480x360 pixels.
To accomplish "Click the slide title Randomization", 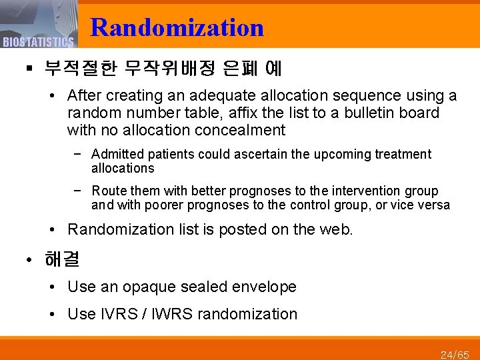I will [177, 27].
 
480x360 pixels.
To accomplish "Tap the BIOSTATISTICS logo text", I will [38, 43].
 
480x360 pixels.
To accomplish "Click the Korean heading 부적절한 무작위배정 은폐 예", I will [163, 68].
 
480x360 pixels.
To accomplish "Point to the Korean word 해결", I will [61, 259].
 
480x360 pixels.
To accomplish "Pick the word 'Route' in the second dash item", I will [108, 191].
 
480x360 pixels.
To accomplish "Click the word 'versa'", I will [434, 205].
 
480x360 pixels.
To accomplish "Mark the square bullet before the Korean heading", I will [30, 69].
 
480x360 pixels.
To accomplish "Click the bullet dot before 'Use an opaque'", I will [54, 287].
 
